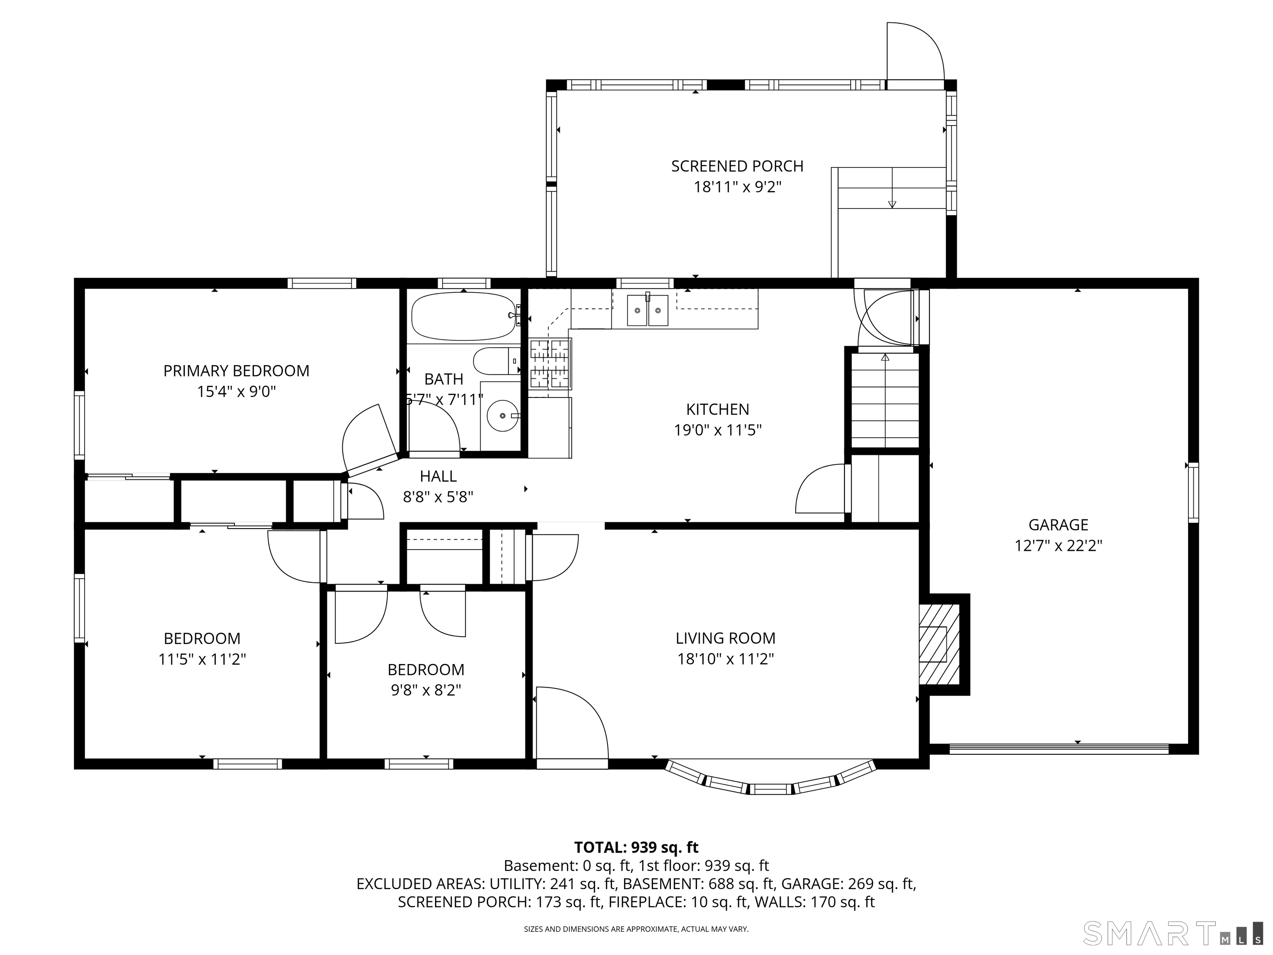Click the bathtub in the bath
pyautogui.click(x=463, y=317)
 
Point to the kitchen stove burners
pyautogui.click(x=549, y=364)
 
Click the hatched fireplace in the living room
pyautogui.click(x=940, y=644)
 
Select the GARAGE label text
pyautogui.click(x=1058, y=524)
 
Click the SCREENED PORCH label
pyautogui.click(x=737, y=166)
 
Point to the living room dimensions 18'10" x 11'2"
pyautogui.click(x=725, y=659)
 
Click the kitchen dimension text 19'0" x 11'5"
pyautogui.click(x=718, y=430)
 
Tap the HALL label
pyautogui.click(x=438, y=476)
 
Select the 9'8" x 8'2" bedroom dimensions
pyautogui.click(x=426, y=690)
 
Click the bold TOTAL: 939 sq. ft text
pyautogui.click(x=636, y=847)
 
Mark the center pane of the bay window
pyautogui.click(x=771, y=789)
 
